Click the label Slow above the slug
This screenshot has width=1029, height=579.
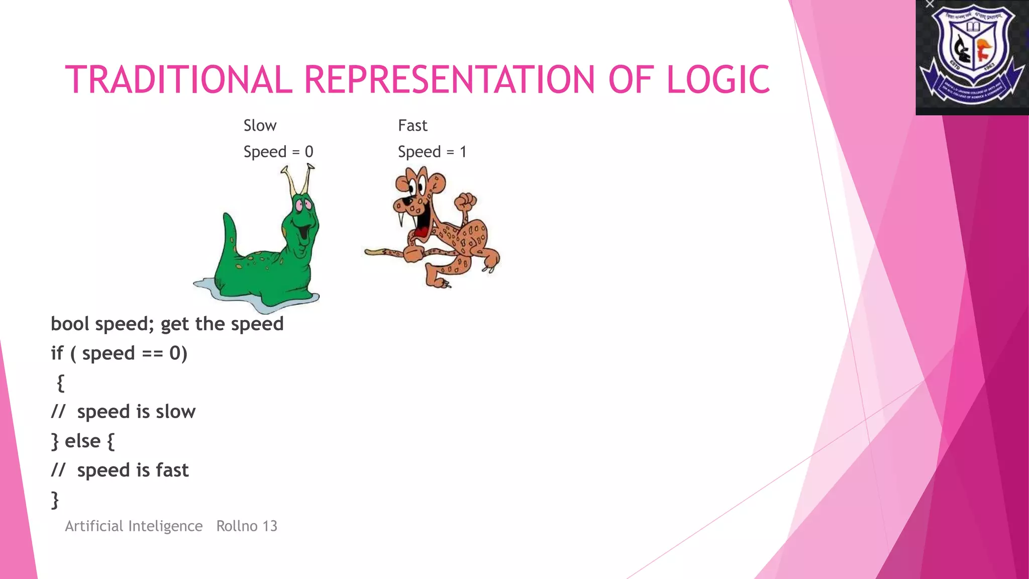[x=260, y=126]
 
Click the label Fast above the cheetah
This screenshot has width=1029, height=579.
[x=413, y=126]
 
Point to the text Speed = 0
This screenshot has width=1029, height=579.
[x=278, y=152]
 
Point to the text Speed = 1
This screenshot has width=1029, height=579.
[x=432, y=152]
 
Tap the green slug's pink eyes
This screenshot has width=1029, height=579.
[x=303, y=205]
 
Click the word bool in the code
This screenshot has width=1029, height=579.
[x=70, y=324]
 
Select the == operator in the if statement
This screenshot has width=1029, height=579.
[x=152, y=354]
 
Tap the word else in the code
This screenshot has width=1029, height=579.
[x=82, y=441]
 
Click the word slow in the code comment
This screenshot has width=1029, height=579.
[x=175, y=412]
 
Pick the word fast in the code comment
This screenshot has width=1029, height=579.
[x=172, y=470]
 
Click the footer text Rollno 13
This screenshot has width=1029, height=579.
[x=247, y=526]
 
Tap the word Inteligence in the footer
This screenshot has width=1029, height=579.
[x=165, y=526]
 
